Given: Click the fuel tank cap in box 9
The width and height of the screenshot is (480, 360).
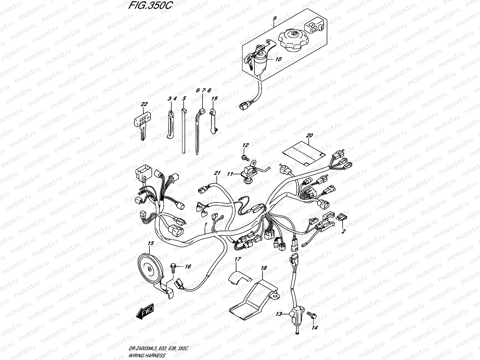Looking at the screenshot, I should [293, 42].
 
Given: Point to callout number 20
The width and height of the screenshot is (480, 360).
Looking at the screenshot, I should [309, 136].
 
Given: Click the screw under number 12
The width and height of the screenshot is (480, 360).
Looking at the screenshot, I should [244, 157].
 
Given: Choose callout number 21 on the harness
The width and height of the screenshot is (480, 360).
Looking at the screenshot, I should [217, 173].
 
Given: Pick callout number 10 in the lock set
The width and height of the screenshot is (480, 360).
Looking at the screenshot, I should [278, 59].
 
